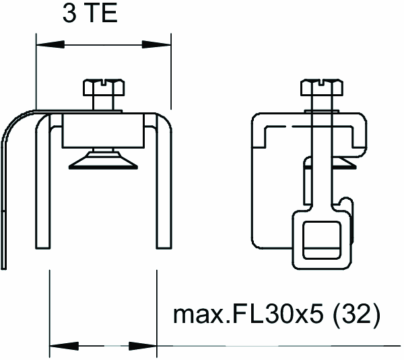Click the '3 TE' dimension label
(90, 13)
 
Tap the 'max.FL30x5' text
(248, 314)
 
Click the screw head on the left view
(104, 87)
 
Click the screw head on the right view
(322, 87)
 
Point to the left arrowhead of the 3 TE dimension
(50, 44)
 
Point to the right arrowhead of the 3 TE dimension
(156, 44)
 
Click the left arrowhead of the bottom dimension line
(64, 346)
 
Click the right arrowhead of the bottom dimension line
(143, 346)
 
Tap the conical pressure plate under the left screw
(103, 161)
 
